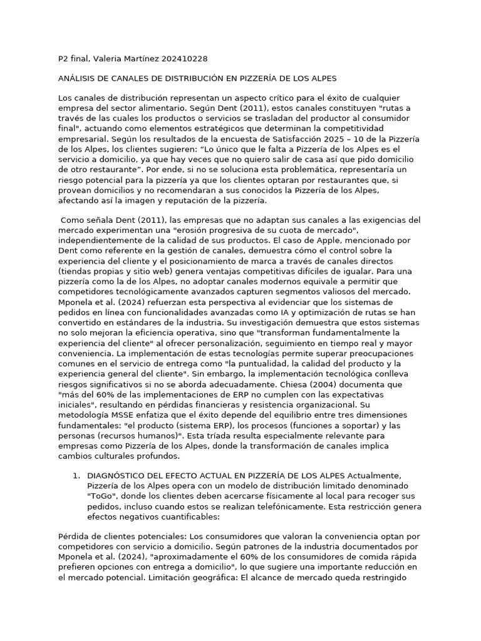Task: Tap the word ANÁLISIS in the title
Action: point(79,78)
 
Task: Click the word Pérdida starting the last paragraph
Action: point(74,536)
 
